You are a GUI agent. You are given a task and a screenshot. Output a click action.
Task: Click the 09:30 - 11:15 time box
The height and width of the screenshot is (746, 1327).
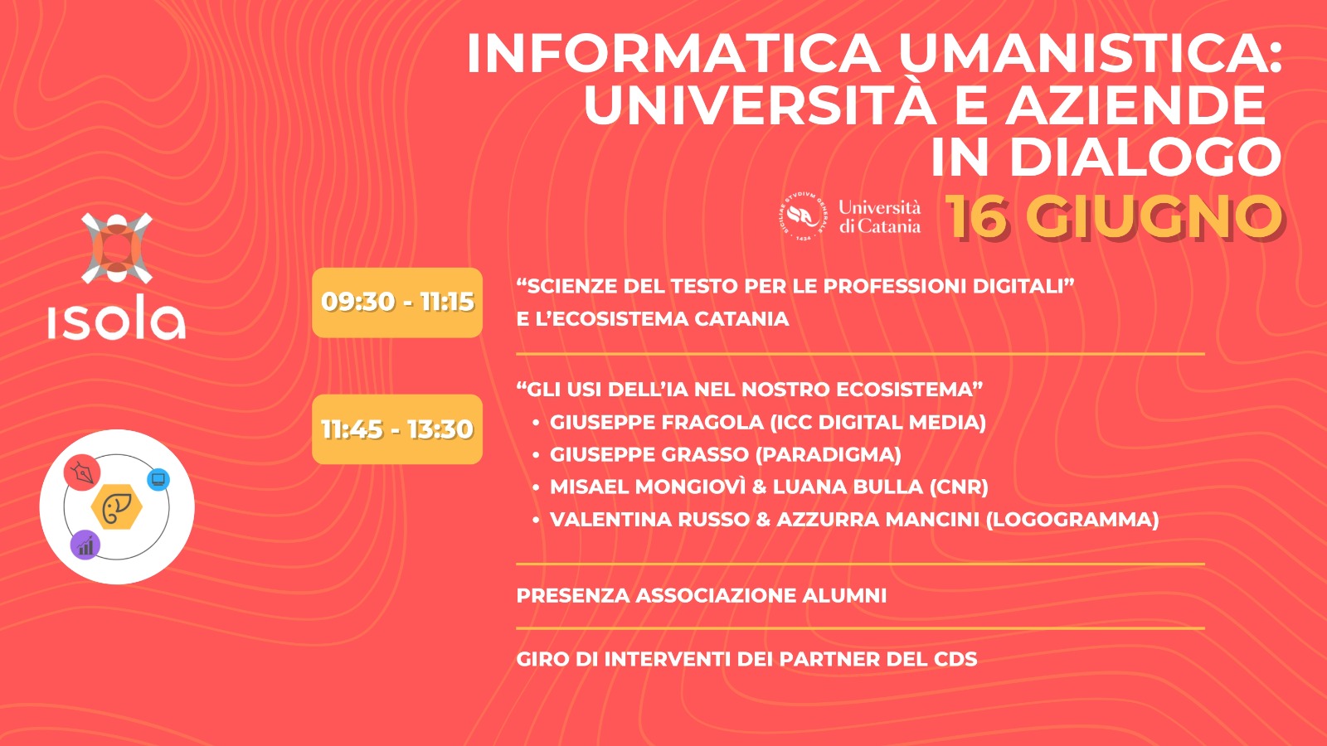[397, 303]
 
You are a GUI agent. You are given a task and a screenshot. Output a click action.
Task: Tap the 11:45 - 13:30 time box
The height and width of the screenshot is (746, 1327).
[397, 429]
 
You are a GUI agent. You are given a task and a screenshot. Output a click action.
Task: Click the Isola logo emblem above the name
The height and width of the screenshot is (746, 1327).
[117, 248]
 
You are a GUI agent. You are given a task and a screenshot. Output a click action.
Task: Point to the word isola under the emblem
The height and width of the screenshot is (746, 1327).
[117, 317]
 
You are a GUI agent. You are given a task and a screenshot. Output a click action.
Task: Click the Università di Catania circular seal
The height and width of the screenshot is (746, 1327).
[803, 217]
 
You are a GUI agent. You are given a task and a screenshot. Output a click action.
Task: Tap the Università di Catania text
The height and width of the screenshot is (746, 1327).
[879, 217]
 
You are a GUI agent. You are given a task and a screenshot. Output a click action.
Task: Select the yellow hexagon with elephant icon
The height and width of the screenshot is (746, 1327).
[117, 508]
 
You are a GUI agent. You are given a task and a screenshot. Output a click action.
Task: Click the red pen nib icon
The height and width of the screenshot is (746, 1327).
[82, 473]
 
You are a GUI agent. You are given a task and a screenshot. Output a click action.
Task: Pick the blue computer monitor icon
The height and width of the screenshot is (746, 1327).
[158, 479]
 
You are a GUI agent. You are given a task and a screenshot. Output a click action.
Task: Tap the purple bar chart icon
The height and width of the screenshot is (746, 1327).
[85, 545]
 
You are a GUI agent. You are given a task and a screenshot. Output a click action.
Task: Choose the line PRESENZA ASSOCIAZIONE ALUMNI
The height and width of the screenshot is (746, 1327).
[702, 596]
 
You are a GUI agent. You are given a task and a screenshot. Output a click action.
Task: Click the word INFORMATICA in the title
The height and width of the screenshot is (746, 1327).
[673, 55]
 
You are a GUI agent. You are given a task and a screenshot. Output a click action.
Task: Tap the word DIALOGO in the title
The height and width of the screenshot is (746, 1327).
[1145, 157]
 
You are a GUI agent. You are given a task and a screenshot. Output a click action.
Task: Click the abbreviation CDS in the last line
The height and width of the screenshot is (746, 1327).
[955, 660]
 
